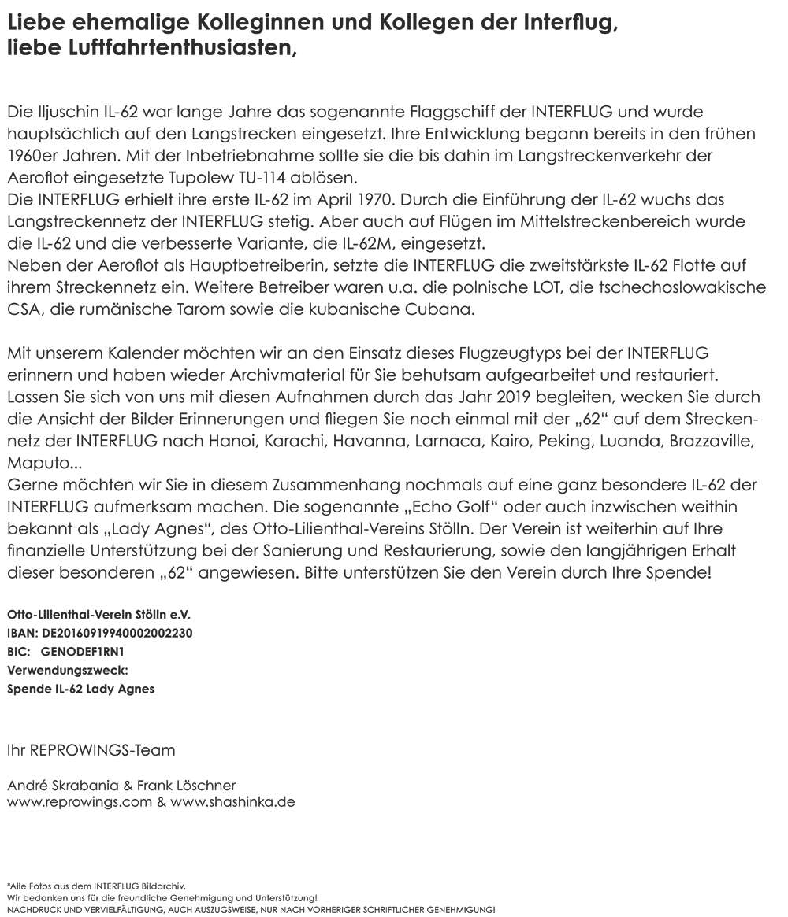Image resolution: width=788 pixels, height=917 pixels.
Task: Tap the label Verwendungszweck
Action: tap(67, 671)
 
